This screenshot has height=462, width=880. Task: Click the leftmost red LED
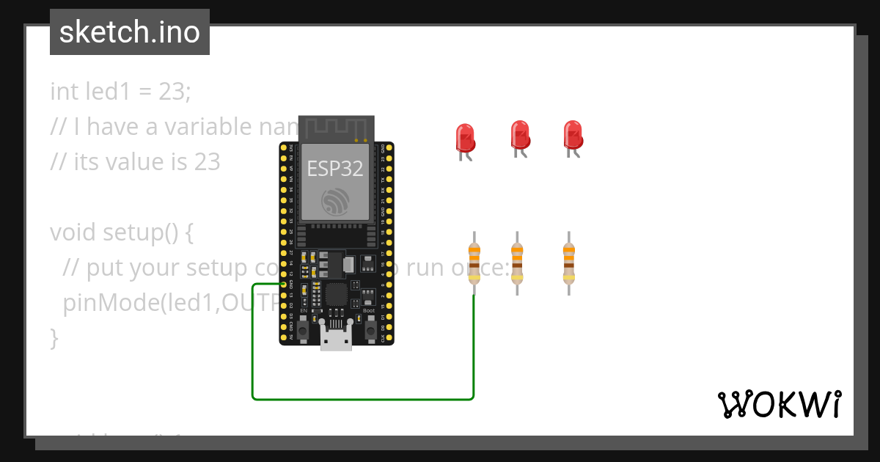tap(465, 138)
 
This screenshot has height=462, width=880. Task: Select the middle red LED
tap(520, 135)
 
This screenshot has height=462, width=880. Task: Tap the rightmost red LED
tap(573, 135)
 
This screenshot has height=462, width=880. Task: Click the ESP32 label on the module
tap(335, 168)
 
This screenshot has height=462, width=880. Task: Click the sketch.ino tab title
tap(130, 32)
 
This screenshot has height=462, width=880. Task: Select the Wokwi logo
tap(779, 404)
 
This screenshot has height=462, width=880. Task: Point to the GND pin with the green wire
tap(284, 284)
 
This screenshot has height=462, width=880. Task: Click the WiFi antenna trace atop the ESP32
tap(336, 129)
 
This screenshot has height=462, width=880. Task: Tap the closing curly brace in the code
tap(54, 338)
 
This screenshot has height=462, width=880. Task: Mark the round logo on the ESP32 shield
tap(336, 202)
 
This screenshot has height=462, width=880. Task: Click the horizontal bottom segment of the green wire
tap(363, 400)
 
